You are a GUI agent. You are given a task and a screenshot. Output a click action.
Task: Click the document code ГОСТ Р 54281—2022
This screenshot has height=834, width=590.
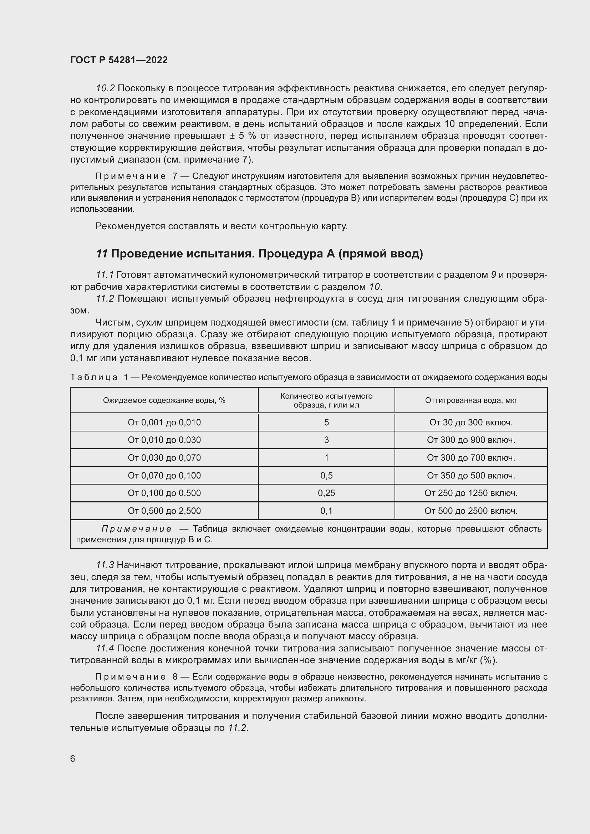pos(119,60)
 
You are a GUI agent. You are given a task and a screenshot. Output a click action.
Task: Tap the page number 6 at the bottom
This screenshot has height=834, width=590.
pos(73,758)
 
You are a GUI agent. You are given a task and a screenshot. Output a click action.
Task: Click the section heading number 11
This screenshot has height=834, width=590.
pos(101,254)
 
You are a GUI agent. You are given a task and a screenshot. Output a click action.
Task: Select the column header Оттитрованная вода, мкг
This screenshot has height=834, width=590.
pos(471,400)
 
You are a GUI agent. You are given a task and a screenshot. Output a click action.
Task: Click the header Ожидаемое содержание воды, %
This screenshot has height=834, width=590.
pos(164,400)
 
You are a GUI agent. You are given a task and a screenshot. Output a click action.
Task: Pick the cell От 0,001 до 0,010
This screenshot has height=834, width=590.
pos(164,423)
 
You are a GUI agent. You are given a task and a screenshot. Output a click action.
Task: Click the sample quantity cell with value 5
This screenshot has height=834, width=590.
pos(326,423)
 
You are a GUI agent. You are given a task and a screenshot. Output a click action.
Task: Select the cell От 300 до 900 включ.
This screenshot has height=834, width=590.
pos(471,440)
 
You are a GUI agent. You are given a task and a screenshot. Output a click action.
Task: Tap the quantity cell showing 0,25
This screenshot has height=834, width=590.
pos(326,493)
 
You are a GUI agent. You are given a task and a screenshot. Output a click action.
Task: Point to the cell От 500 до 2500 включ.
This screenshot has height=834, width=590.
pos(471,511)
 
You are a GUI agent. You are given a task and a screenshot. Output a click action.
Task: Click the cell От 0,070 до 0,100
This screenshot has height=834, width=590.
pos(164,476)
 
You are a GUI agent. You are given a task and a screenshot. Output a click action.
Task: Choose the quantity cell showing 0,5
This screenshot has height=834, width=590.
pos(326,476)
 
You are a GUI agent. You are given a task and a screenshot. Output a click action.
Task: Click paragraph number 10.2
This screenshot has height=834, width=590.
pos(105,88)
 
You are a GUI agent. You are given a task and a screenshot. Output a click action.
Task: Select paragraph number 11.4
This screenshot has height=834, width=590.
pos(105,648)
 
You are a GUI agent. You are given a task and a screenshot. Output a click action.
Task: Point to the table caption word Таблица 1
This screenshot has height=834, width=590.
pos(98,377)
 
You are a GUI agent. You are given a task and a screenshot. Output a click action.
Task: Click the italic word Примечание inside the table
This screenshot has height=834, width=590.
pos(136,528)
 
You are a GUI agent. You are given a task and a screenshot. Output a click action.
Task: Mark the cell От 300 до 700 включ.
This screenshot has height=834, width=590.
pos(471,458)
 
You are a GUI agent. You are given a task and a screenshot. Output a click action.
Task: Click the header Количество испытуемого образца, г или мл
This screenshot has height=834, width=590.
pos(326,400)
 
